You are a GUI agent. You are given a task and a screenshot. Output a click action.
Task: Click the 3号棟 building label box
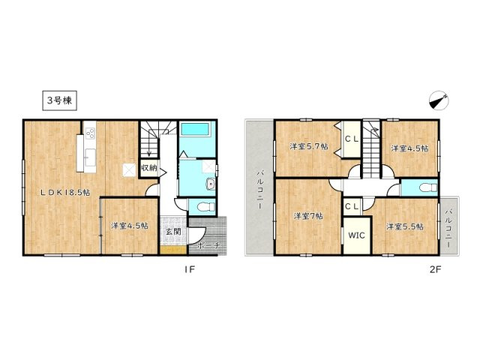56,99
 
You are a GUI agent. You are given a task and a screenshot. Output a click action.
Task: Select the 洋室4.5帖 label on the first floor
129,224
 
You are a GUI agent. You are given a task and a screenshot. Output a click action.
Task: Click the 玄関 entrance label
172,232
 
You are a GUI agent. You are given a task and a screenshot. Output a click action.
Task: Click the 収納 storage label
148,168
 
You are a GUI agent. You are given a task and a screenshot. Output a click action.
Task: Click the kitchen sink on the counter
90,157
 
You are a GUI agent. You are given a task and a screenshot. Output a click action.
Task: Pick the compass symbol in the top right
439,100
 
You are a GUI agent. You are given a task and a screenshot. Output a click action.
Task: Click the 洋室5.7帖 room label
309,147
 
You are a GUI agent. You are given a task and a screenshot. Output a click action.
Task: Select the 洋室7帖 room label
308,216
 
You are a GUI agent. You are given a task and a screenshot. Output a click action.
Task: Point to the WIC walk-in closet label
355,235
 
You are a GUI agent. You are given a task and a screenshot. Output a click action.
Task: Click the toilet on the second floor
424,187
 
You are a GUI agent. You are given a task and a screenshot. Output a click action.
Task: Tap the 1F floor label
191,271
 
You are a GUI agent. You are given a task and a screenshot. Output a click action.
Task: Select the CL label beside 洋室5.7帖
351,139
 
